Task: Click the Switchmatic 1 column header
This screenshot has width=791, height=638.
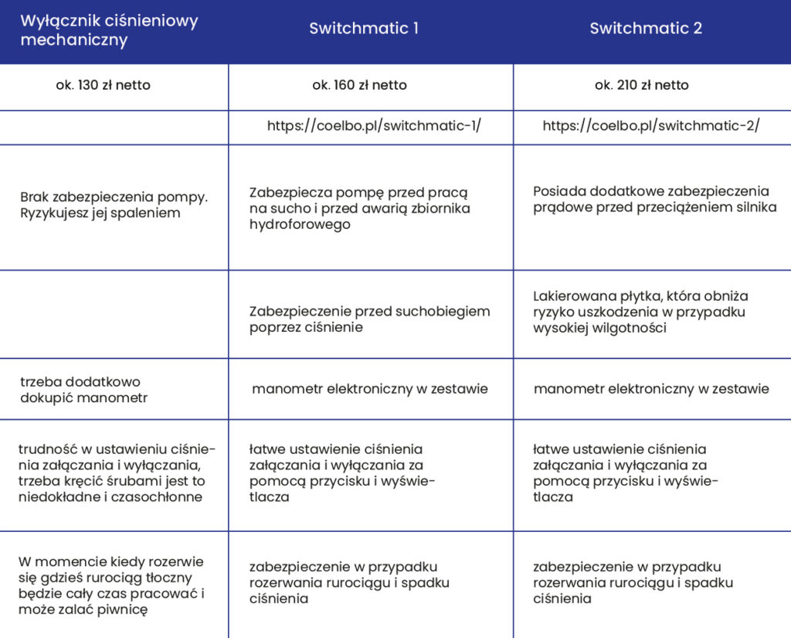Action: point(364,29)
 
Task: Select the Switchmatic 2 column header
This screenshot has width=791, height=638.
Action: point(646,29)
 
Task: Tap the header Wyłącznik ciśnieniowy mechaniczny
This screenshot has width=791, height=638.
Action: point(109,30)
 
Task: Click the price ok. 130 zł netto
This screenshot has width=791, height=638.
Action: point(103,85)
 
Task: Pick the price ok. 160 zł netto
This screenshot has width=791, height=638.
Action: point(359,85)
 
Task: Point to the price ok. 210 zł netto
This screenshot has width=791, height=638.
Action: point(641,85)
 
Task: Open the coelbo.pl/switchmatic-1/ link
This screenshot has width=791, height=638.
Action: point(374,126)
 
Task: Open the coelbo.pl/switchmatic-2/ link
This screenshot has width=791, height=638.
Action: point(651,126)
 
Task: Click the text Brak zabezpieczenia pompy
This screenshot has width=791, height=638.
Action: point(114,196)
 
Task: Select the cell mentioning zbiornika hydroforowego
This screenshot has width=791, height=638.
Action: point(360,208)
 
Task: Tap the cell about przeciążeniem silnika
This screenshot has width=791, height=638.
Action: point(654,199)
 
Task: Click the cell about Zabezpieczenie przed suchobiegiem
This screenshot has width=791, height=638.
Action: point(369,319)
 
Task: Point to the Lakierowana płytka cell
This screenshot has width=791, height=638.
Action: point(640,312)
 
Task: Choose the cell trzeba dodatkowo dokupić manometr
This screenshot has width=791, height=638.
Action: point(83,390)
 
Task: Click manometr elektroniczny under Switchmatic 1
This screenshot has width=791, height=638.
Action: point(369,389)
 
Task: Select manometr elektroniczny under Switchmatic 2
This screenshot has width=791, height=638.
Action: point(651,389)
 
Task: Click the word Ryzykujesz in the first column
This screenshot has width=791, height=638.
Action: point(55,213)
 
